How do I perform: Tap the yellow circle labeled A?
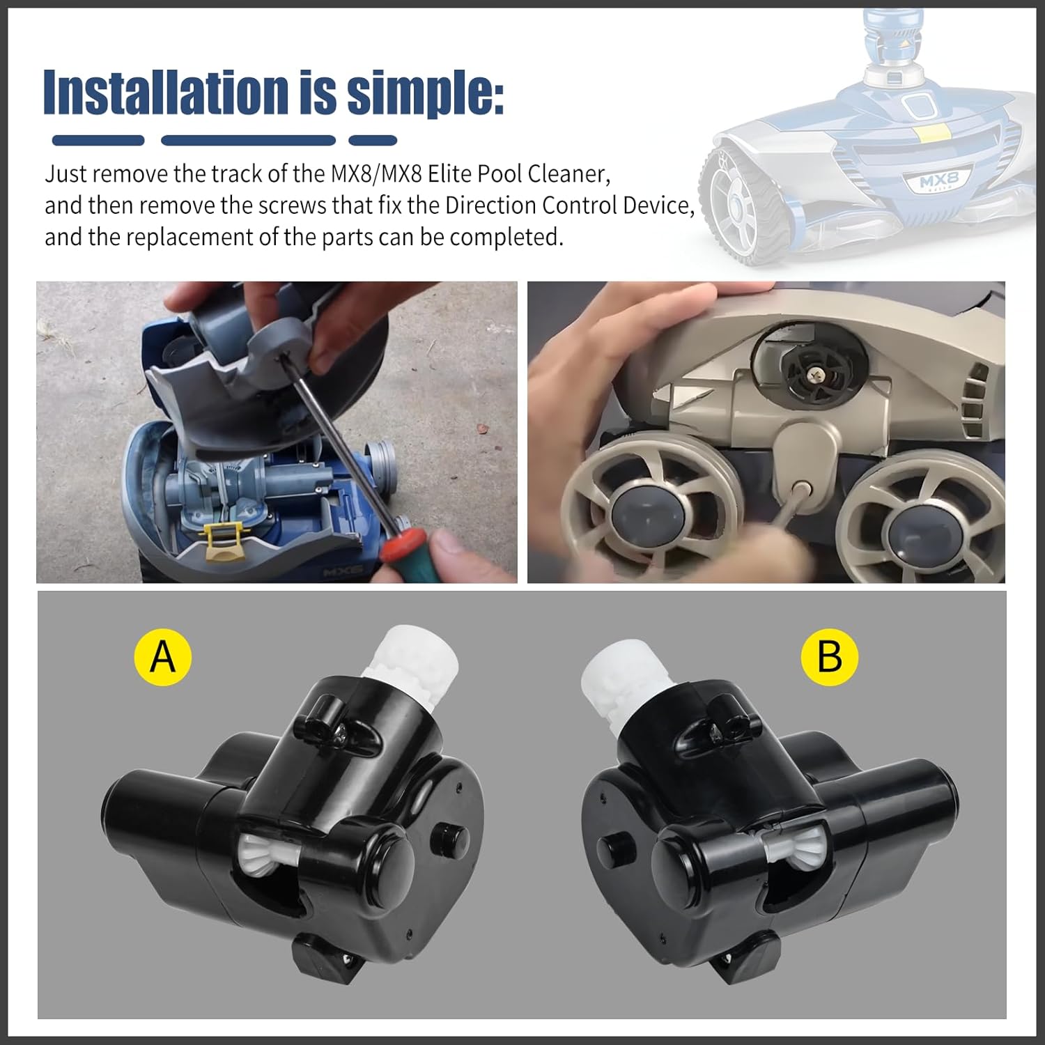click(x=163, y=656)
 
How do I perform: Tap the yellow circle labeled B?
click(x=830, y=656)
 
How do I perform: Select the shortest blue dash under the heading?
click(x=372, y=141)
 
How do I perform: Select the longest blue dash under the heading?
click(x=247, y=141)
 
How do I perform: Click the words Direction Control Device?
click(x=568, y=206)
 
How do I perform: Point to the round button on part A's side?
click(x=442, y=834)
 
